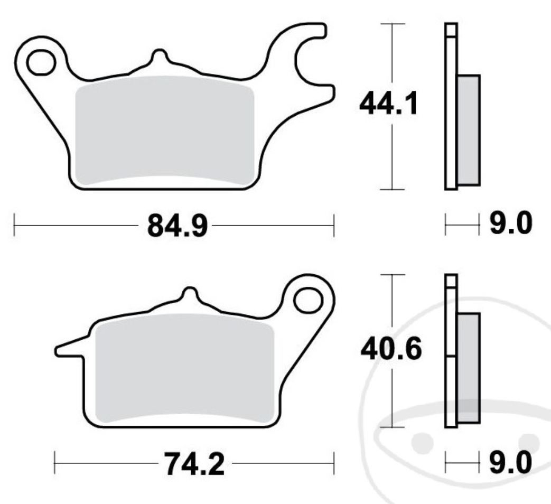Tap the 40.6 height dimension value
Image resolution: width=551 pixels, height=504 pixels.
click(390, 350)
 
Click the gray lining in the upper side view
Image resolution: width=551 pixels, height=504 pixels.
click(469, 130)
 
